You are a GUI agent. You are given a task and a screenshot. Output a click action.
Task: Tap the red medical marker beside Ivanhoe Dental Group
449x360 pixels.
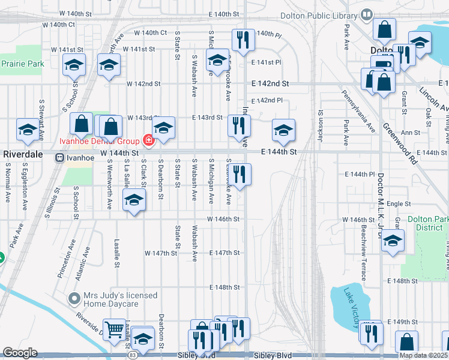point(148,141)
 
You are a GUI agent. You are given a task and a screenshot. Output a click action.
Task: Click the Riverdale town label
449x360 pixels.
point(23,154)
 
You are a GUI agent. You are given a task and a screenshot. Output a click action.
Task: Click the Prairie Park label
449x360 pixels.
point(22,64)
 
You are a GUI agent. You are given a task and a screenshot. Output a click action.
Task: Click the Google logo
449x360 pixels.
point(20,353)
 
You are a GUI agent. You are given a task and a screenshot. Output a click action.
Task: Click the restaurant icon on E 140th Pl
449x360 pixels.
point(243,40)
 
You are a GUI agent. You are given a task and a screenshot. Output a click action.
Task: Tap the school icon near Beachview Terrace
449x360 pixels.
point(393,241)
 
